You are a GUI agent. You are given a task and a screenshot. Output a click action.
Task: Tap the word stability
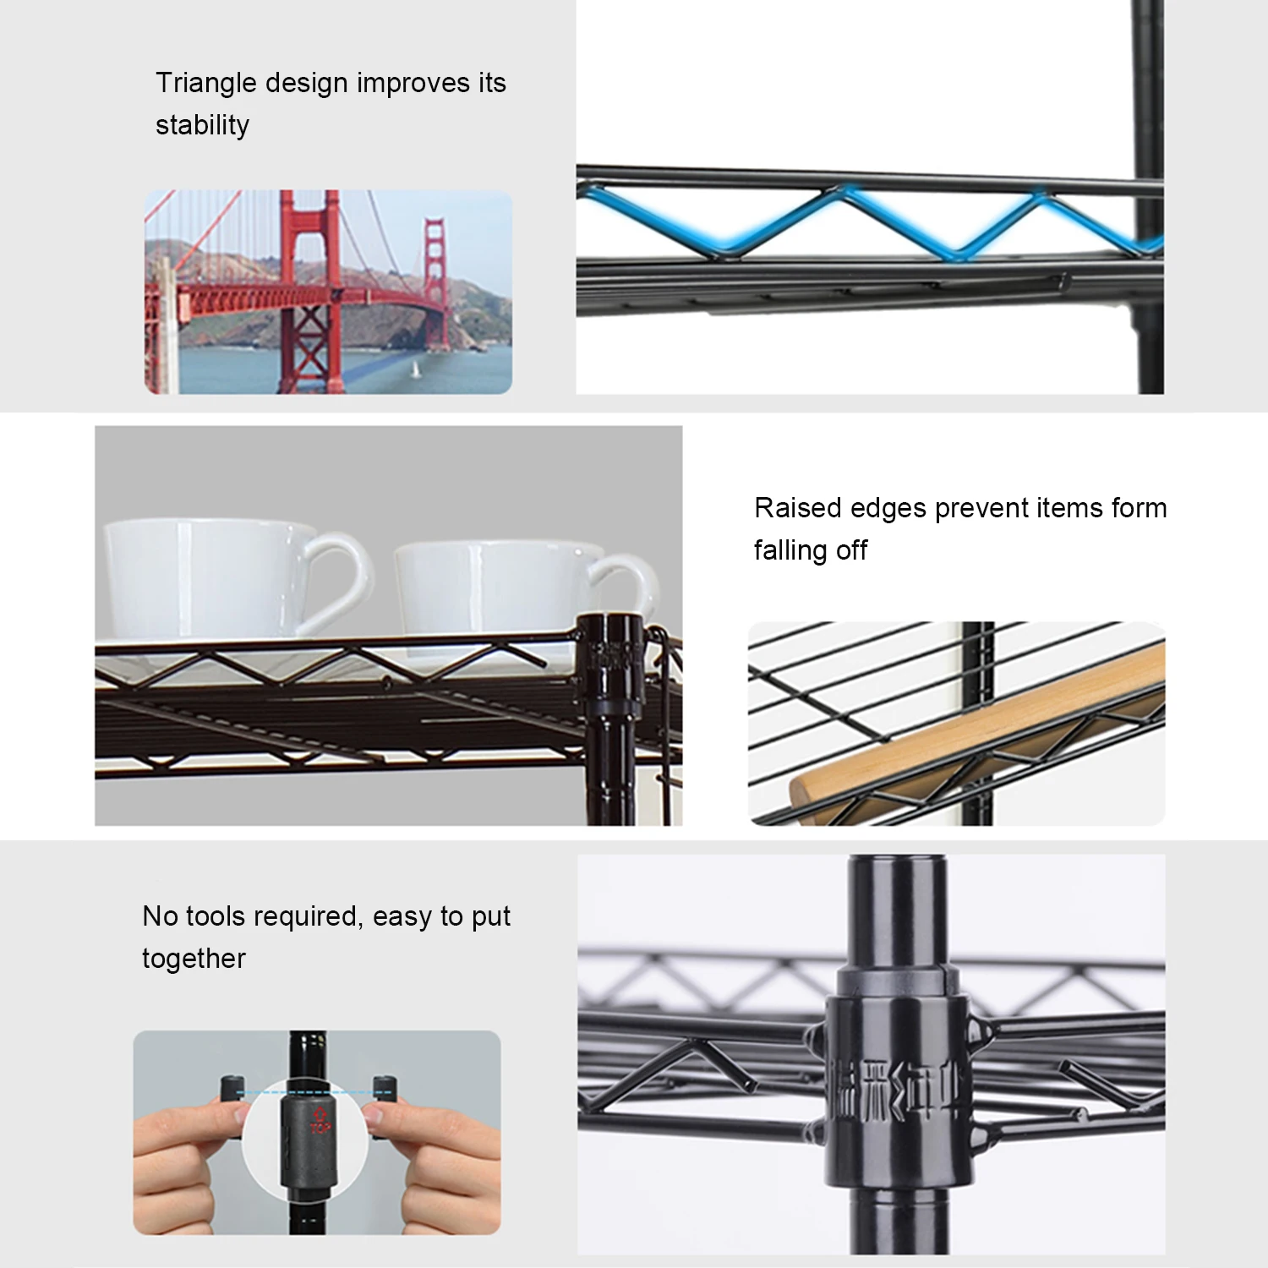pos(202,125)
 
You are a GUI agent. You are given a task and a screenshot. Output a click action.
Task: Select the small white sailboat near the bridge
pos(414,369)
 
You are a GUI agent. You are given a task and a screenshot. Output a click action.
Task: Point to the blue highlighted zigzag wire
pos(845,221)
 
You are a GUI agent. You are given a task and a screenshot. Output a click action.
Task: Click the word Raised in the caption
pos(797,508)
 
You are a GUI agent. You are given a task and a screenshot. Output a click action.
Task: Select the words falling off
pos(810,550)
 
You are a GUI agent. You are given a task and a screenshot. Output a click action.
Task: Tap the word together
pos(194,959)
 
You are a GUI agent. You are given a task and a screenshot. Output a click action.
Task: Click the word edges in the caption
pos(888,508)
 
